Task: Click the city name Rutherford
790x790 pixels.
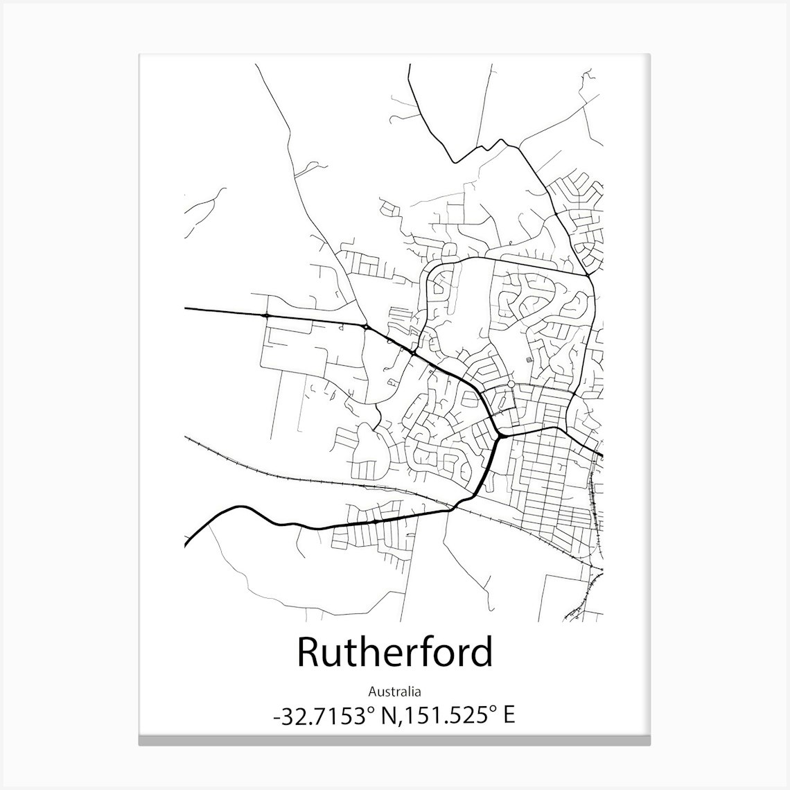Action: point(395,652)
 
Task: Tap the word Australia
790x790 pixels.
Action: point(395,691)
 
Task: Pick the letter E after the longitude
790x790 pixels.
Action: point(509,716)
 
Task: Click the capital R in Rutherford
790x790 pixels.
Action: point(309,653)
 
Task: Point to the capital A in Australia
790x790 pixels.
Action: point(371,691)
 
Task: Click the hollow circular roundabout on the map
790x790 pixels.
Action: point(511,384)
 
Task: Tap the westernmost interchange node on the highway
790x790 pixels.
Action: point(266,315)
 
